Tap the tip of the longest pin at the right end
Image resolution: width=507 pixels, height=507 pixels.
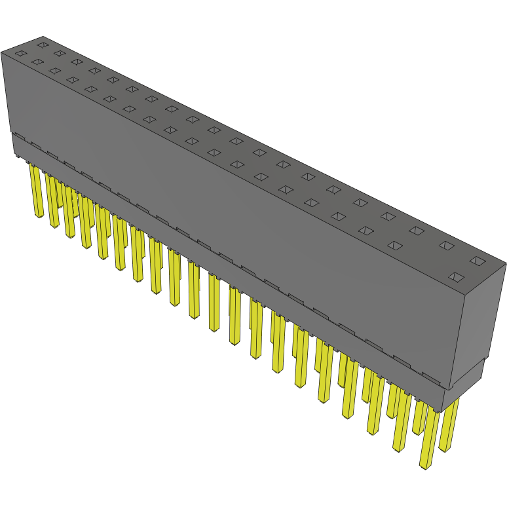click(424, 464)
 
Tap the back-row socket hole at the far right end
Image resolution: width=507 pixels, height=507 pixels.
click(478, 261)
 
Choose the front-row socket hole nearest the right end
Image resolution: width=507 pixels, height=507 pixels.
click(455, 277)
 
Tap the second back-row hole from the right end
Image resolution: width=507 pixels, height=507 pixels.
click(446, 246)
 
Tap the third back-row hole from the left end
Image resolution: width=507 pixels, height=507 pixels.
click(77, 62)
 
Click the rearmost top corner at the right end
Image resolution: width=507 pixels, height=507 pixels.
click(505, 264)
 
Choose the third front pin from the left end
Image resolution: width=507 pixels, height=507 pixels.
click(69, 213)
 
